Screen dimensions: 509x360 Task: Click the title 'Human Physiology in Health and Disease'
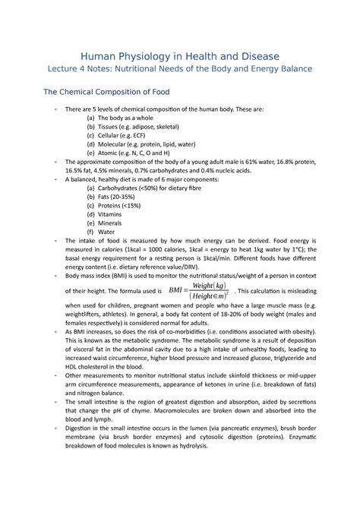pos(180,56)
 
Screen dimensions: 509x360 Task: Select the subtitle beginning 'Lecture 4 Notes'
pos(180,70)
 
